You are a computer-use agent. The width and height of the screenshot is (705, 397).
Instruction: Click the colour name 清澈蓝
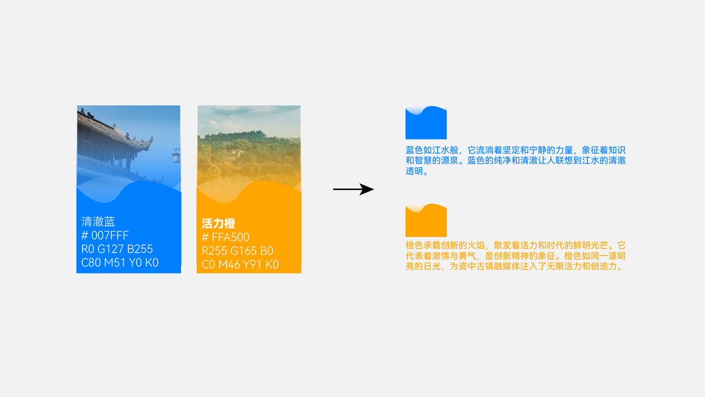98,222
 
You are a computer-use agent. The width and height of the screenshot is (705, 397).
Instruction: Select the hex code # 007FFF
105,236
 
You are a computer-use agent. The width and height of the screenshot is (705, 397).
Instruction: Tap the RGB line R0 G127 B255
117,249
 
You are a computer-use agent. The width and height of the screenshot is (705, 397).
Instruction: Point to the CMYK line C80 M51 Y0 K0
120,263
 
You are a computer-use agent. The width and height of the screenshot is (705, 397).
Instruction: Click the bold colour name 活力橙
218,224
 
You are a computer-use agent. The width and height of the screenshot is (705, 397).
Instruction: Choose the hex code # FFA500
225,238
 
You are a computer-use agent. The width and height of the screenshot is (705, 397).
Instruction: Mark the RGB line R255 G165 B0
237,251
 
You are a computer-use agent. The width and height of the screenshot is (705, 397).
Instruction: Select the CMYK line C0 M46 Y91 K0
240,265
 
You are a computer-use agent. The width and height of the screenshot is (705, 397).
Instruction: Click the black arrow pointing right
353,190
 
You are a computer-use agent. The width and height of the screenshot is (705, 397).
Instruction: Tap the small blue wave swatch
426,124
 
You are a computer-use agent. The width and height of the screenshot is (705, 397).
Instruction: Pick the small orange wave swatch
426,221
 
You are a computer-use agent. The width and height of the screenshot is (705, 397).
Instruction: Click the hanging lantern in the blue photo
176,155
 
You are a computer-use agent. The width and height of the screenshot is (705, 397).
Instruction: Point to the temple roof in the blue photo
112,129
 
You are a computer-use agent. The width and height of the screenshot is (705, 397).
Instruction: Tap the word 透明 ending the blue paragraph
417,171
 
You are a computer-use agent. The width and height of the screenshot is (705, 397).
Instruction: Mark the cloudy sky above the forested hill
249,119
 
